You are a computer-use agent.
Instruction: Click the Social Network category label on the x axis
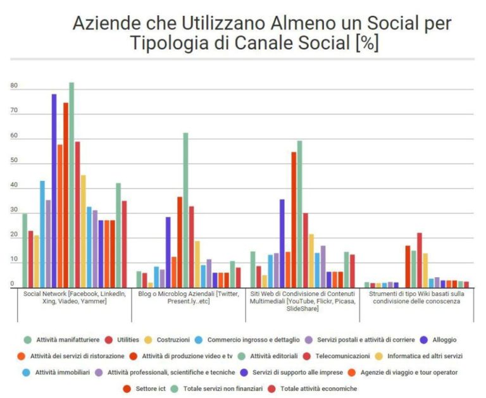(x=74, y=297)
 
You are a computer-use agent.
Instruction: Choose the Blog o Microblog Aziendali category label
(x=188, y=297)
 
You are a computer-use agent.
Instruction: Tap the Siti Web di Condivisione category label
(x=302, y=301)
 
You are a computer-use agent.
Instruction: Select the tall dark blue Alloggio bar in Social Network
(x=54, y=190)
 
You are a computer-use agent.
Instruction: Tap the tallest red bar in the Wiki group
(x=419, y=260)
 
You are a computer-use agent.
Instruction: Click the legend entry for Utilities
(x=126, y=340)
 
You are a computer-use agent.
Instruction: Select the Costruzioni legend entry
(x=171, y=340)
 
